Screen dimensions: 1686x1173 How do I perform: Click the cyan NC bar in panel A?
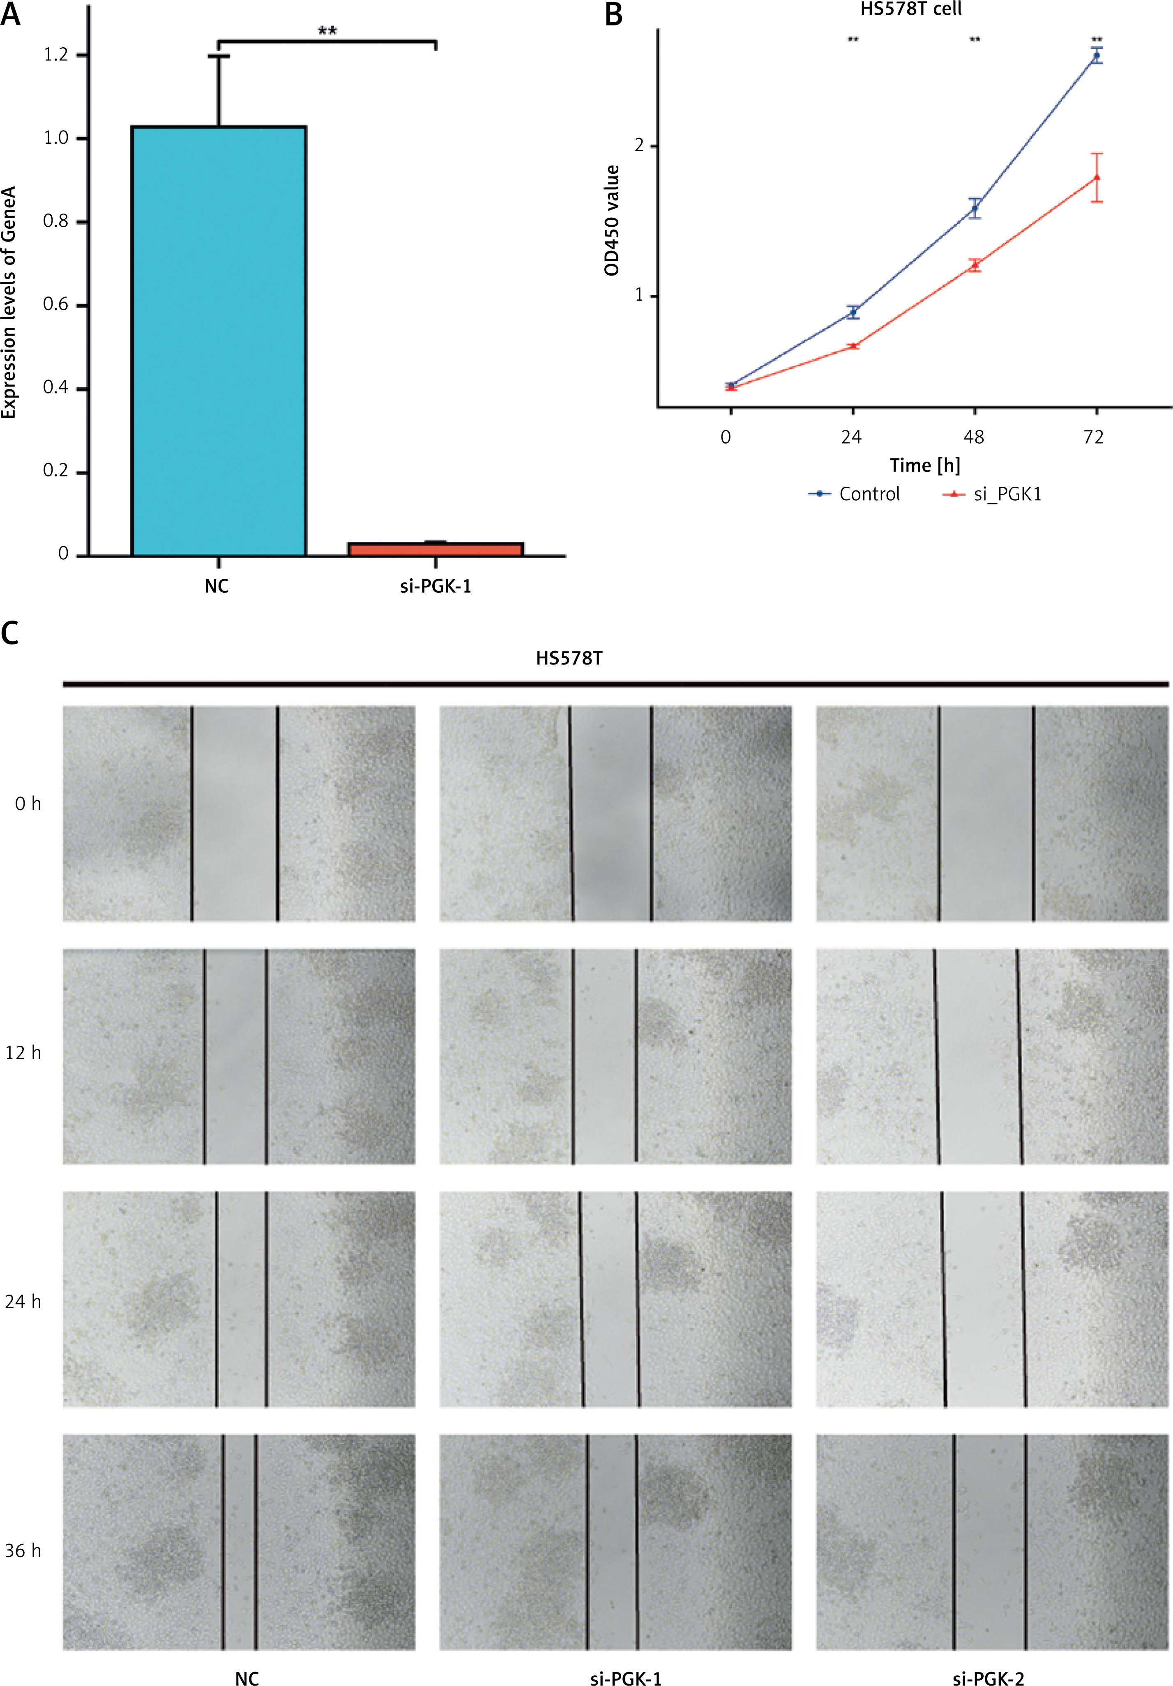tap(218, 341)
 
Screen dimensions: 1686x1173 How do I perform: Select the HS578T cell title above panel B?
tap(911, 9)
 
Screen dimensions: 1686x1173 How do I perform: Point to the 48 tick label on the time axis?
tap(974, 438)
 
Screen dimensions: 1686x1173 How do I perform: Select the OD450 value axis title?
tap(612, 220)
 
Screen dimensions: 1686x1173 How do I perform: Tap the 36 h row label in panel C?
tap(23, 1550)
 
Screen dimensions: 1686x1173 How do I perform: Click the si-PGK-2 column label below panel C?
tap(988, 1678)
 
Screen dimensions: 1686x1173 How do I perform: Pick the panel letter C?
tap(10, 632)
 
